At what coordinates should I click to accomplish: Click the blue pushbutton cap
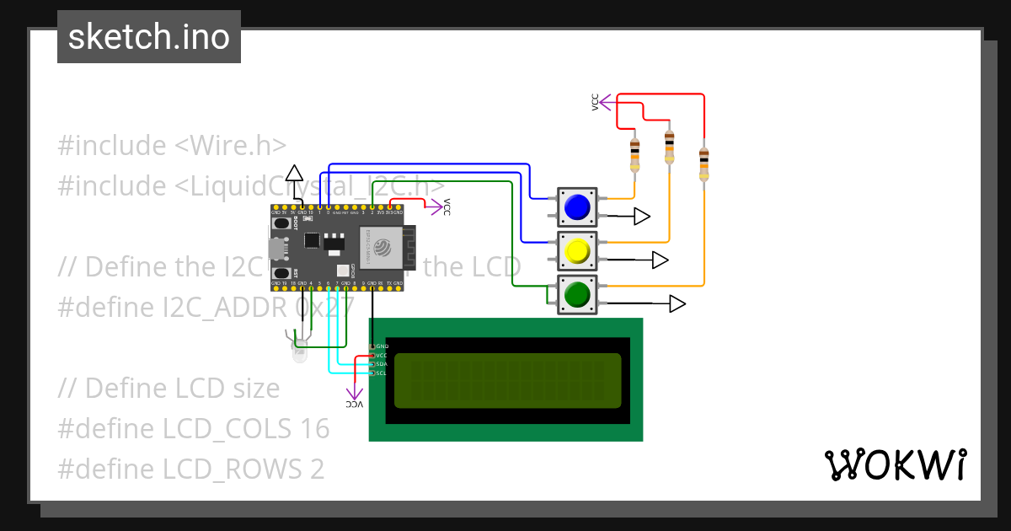[x=577, y=207]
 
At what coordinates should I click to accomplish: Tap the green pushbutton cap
[x=577, y=295]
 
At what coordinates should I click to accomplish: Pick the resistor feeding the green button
[x=704, y=164]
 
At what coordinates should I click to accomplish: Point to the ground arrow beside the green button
[x=678, y=303]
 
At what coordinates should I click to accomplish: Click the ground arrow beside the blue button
[x=642, y=217]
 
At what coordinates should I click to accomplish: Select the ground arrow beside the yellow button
[x=660, y=260]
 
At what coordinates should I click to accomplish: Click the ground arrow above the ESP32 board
[x=293, y=174]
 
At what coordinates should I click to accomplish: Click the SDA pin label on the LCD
[x=381, y=364]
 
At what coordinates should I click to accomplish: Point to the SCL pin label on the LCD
[x=381, y=373]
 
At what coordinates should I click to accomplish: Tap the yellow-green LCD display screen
[x=507, y=379]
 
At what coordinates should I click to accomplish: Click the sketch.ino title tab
[x=149, y=37]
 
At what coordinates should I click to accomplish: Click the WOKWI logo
[x=896, y=465]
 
